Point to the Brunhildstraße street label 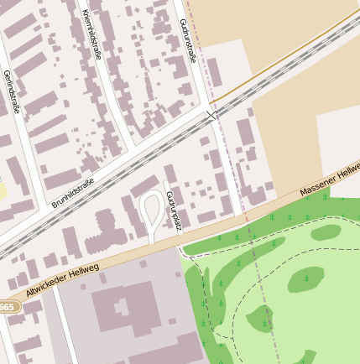73,192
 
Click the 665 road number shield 7,307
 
